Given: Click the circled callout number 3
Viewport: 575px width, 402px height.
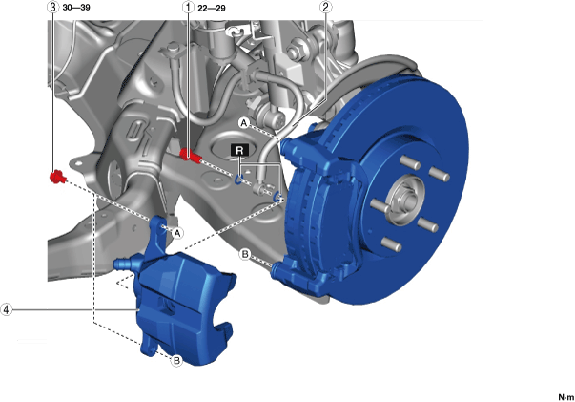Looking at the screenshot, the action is click(53, 7).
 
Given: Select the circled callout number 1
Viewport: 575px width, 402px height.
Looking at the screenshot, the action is click(188, 7).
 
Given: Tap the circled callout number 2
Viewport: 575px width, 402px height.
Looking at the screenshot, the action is click(325, 7).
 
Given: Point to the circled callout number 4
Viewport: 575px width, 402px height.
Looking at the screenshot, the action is click(7, 309).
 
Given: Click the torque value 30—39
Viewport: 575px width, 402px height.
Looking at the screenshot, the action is click(76, 8).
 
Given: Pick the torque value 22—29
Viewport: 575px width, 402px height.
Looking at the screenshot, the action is click(212, 8).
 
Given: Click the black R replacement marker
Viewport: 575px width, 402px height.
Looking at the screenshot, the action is click(240, 150).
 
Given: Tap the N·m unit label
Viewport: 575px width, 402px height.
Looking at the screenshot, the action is click(566, 397).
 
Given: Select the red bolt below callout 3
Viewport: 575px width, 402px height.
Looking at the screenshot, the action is click(57, 177).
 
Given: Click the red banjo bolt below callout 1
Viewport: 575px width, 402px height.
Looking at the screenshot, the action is click(191, 156).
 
